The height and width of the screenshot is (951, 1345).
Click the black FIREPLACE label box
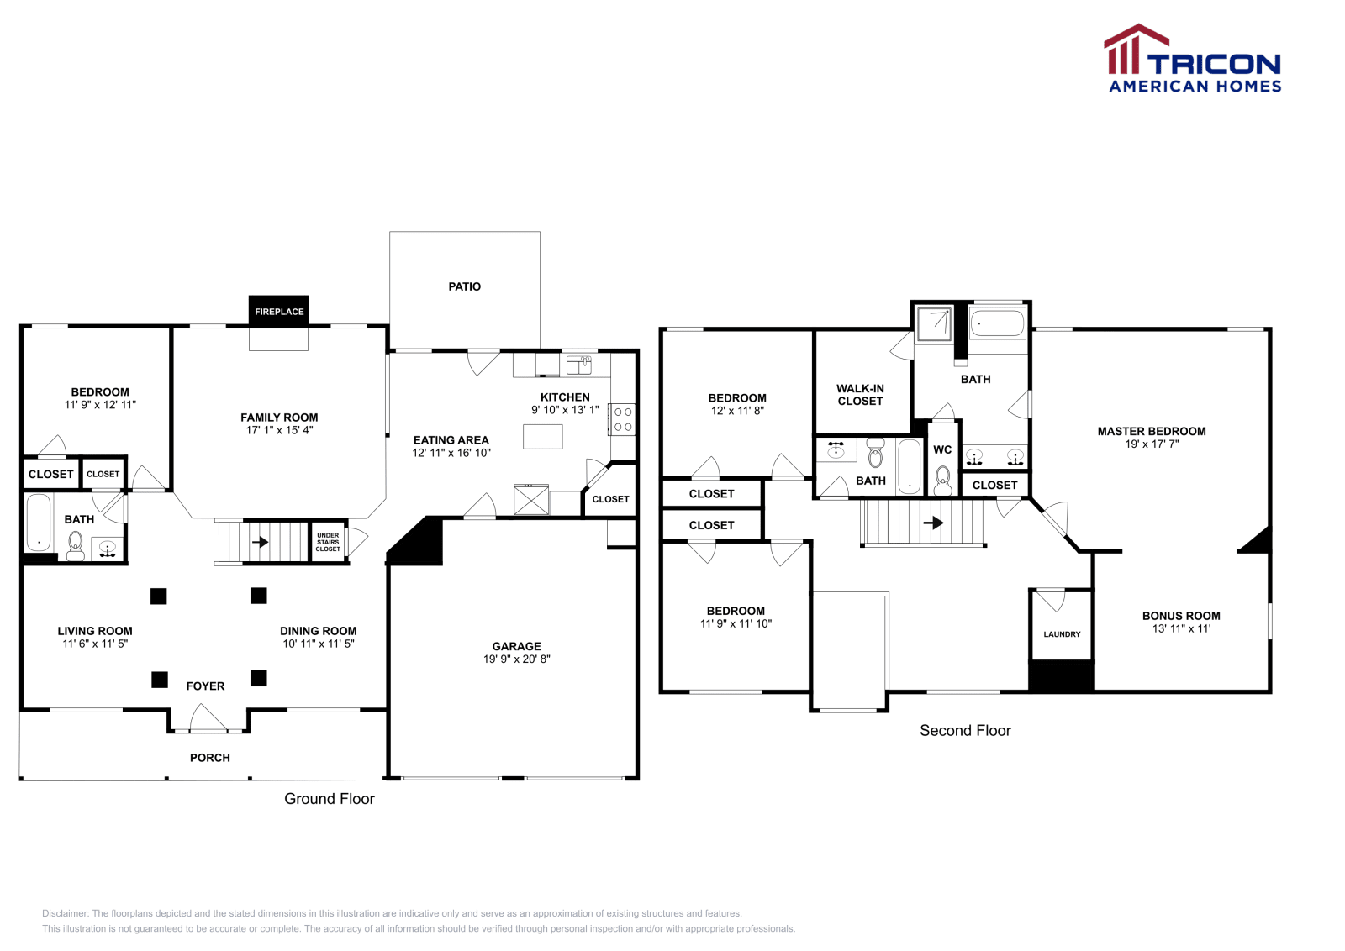279,312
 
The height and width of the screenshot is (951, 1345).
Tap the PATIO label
464,286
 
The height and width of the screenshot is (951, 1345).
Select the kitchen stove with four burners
622,419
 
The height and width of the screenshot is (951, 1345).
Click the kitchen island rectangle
543,436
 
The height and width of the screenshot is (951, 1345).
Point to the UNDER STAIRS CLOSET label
328,542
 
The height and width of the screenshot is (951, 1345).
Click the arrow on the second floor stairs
933,523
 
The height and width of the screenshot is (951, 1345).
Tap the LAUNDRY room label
1062,634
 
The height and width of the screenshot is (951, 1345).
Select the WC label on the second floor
942,449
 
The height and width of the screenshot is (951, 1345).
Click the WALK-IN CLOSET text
860,395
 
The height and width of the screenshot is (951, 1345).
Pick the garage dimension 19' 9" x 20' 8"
516,659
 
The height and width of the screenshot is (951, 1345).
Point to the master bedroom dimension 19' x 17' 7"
1152,444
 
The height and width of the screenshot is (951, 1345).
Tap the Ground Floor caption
329,799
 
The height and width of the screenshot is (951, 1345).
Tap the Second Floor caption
965,731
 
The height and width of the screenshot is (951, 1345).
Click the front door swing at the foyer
208,718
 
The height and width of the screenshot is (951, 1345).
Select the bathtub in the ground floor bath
39,523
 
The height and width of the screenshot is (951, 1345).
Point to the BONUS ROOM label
1180,616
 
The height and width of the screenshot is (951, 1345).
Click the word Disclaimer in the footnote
65,913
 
